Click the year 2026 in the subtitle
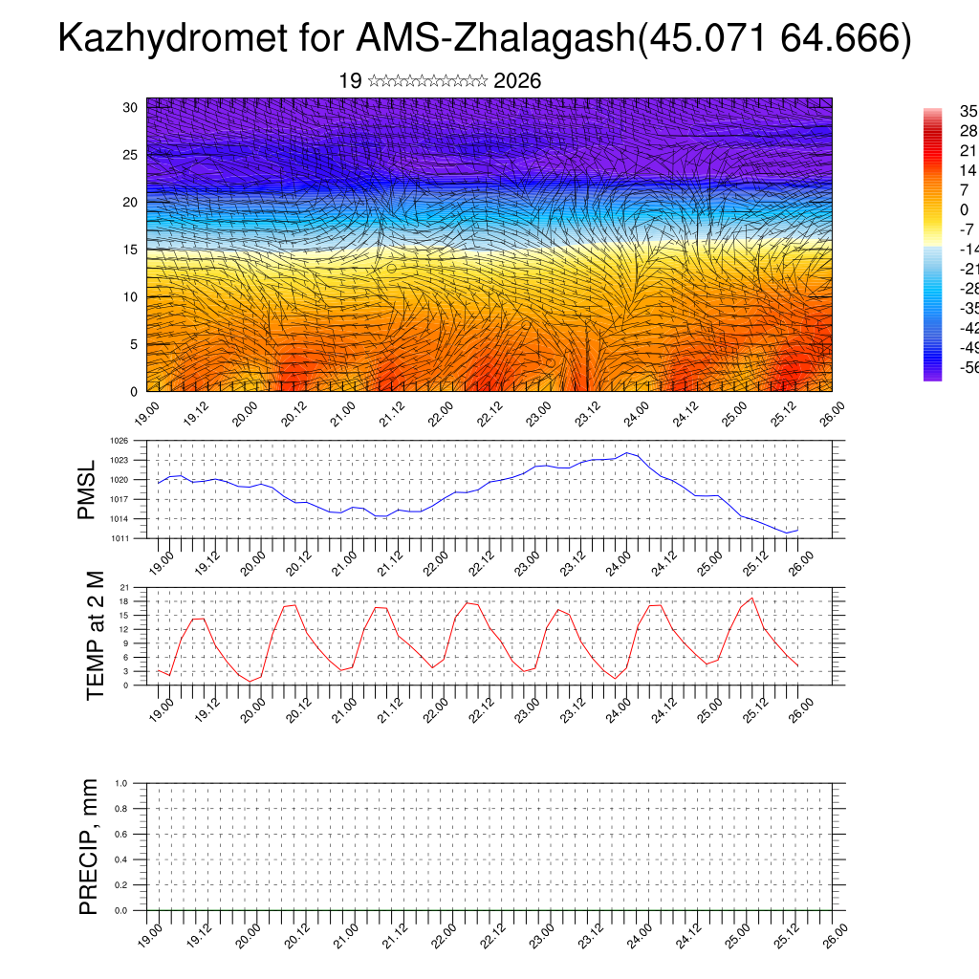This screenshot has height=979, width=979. (x=517, y=81)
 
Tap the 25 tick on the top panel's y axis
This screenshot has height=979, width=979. (x=131, y=155)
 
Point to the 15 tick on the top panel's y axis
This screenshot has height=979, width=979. (x=131, y=250)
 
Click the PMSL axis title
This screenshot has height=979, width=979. (x=87, y=489)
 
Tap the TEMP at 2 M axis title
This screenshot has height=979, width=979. (x=95, y=636)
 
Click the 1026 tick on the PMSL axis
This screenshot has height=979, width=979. (x=119, y=441)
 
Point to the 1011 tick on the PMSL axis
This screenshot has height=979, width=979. (x=119, y=538)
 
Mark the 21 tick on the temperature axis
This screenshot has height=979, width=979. (x=124, y=587)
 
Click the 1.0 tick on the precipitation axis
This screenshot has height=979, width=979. (x=121, y=783)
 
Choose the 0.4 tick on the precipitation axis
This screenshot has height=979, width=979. (x=121, y=859)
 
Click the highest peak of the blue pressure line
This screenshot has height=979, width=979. (x=626, y=453)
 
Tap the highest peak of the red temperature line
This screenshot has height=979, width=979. (x=752, y=598)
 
